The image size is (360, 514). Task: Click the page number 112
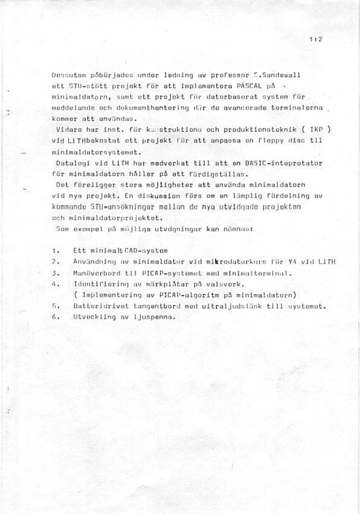pos(316,39)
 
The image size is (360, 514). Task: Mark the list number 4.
pos(55,283)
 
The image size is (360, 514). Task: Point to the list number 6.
pos(55,317)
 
